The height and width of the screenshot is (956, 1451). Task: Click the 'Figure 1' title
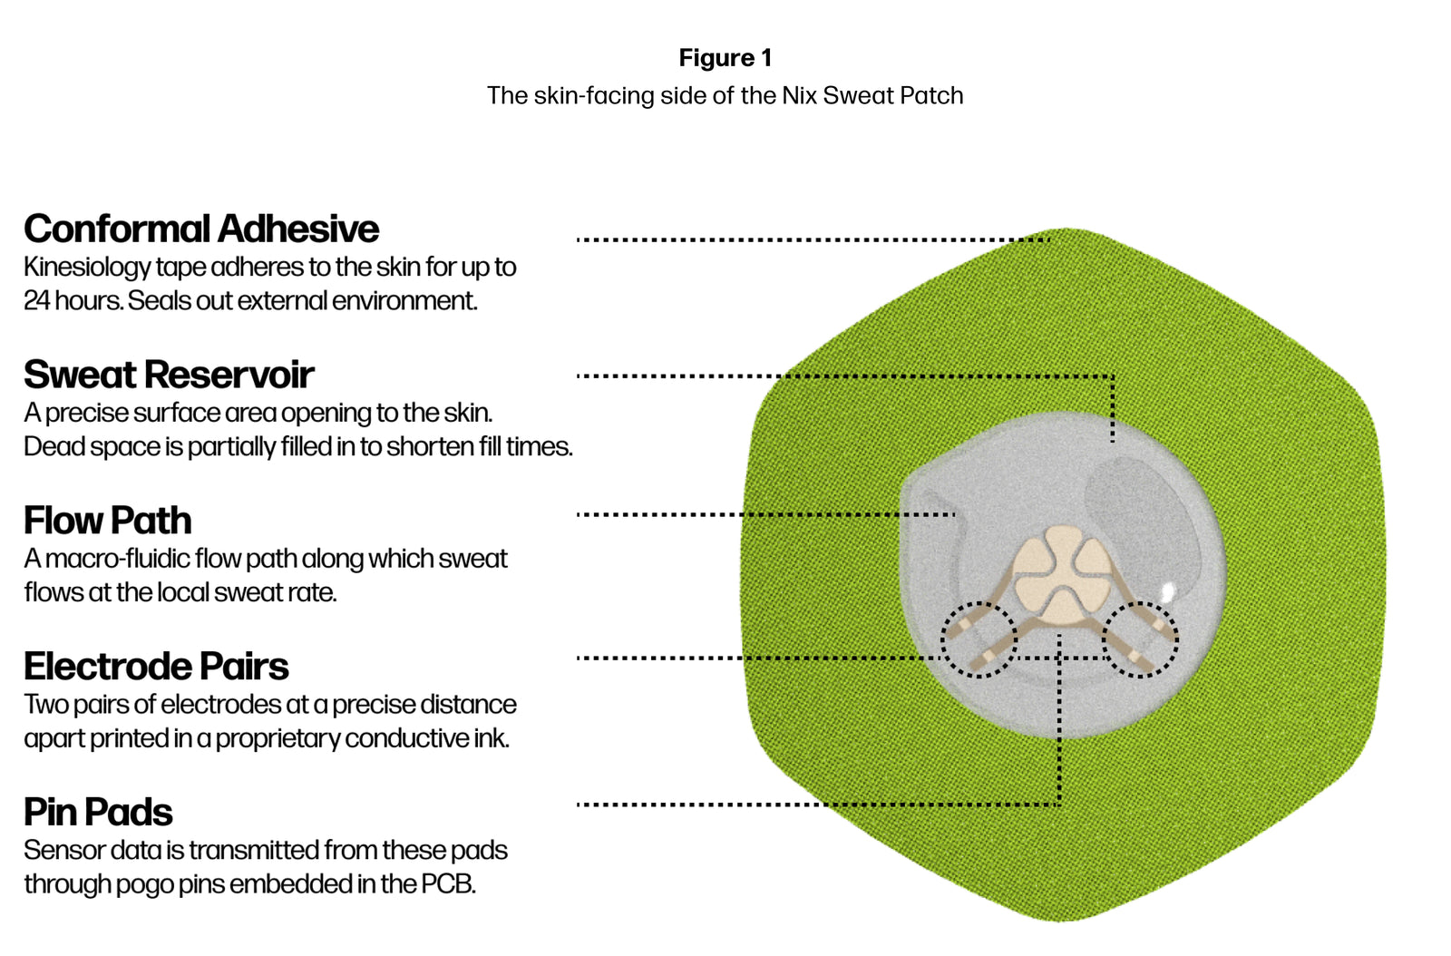pos(725,58)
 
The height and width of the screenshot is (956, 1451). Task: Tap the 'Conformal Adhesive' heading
pos(201,229)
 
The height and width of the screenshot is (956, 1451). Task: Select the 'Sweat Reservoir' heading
pos(169,375)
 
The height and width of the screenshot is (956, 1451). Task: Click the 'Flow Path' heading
pos(108,521)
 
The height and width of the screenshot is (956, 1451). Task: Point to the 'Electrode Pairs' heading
pos(156,667)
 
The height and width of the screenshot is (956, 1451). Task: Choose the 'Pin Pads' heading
pos(98,813)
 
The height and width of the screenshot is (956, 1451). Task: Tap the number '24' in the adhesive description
pos(36,301)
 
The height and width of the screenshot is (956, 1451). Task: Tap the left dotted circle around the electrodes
pos(979,639)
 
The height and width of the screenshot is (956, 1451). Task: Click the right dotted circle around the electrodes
pos(1140,639)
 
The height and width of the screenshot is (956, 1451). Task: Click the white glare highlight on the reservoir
pos(1169,591)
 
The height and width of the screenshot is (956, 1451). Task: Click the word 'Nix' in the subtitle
pos(800,95)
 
